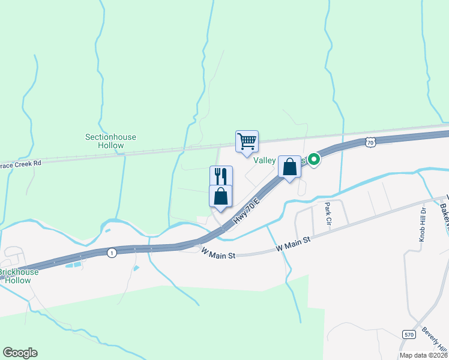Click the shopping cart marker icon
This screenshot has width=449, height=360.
(x=247, y=142)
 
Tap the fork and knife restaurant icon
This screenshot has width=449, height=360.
(x=221, y=176)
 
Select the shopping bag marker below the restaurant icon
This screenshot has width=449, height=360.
(x=221, y=196)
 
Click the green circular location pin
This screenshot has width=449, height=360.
(x=313, y=160)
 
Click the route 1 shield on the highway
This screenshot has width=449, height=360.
(x=112, y=253)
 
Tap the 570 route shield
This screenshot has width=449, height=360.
(x=408, y=334)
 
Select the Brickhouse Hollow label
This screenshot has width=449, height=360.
(x=19, y=276)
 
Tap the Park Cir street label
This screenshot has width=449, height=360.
(x=328, y=214)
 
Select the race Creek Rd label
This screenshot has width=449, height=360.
(x=21, y=163)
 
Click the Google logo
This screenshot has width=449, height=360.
(x=20, y=353)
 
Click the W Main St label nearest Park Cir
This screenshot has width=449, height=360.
(x=293, y=243)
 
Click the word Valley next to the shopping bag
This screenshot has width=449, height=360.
(x=265, y=160)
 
